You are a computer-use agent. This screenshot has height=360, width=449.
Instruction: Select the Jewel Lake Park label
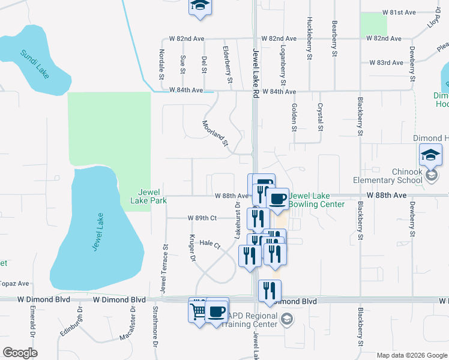[144, 196]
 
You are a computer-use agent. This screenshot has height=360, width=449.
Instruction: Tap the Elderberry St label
[228, 64]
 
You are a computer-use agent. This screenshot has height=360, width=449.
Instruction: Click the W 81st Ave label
[400, 12]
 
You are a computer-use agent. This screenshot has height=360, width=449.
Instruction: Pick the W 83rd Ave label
[385, 62]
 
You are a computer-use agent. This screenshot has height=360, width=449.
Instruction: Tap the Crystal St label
[320, 116]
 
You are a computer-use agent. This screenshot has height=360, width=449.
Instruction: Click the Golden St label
[294, 116]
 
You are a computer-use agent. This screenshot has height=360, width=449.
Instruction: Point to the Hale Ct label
[210, 244]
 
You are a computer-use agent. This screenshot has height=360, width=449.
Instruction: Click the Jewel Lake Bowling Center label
[317, 200]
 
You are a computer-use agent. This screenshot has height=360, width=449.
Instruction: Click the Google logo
[20, 353]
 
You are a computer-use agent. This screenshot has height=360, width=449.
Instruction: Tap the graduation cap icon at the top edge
[200, 5]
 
